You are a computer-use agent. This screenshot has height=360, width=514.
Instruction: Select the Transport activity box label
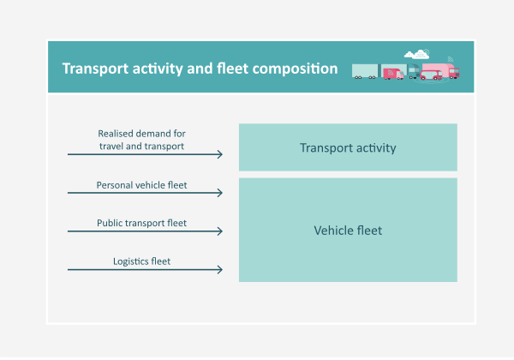348,147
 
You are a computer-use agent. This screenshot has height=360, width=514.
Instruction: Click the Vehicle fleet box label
348,231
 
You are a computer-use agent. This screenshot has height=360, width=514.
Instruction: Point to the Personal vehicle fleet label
141,184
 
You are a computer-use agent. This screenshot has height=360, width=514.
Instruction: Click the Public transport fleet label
141,223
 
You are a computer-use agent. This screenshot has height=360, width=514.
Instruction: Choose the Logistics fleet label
141,261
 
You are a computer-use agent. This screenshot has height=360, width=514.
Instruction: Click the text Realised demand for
141,134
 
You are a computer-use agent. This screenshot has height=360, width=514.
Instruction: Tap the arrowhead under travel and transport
220,154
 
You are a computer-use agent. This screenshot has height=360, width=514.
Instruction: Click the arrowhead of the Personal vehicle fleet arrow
220,193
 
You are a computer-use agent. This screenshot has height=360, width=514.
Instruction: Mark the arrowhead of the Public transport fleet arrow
220,231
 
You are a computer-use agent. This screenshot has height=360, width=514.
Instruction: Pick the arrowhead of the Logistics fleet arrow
220,270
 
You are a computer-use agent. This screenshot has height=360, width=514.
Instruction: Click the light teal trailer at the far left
364,70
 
